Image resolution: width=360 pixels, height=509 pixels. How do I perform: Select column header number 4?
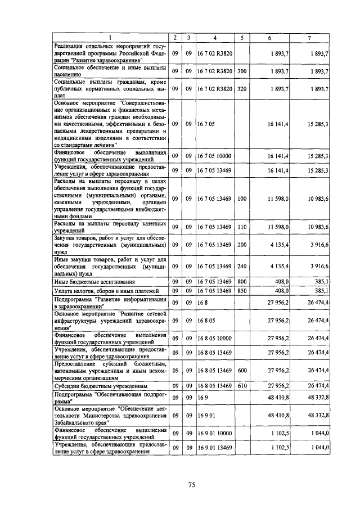point(214,38)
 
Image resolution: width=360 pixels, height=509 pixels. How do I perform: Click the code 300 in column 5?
point(242,71)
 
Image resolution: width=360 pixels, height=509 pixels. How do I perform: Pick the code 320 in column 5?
point(242,89)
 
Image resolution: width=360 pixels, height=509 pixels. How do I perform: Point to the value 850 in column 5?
point(242,291)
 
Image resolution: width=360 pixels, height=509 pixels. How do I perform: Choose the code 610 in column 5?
point(242,386)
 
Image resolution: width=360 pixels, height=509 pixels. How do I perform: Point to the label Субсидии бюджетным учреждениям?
point(100,386)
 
